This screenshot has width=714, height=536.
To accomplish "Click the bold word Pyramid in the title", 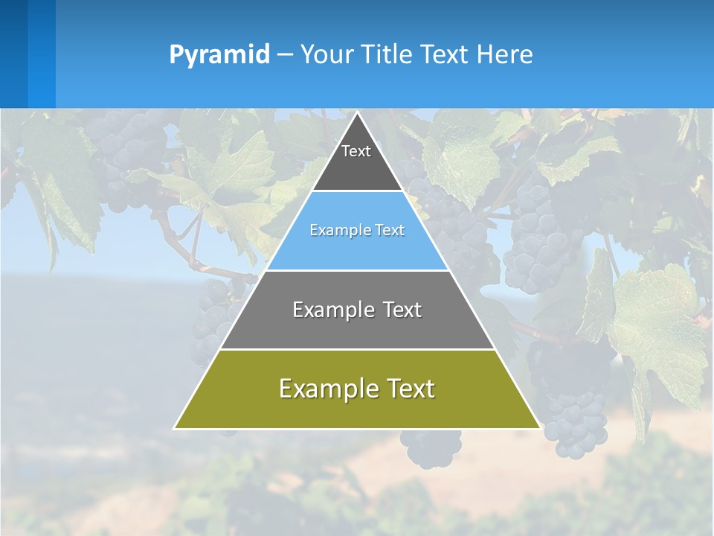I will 219,55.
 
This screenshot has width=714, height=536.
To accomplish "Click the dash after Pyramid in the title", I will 285,55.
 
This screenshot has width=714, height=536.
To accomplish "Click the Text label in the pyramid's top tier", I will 356,152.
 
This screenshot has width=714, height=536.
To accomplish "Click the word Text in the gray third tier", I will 402,310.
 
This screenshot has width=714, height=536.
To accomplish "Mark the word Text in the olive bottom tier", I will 408,389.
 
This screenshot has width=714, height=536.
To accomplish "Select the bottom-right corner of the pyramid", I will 539,428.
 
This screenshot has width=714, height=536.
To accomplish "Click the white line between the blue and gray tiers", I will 357,270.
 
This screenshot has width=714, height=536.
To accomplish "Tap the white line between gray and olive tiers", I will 357,349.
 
